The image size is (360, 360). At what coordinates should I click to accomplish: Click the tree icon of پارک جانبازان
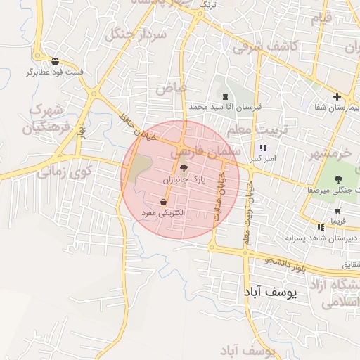pyautogui.click(x=184, y=167)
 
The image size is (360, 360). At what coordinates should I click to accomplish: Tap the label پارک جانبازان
pyautogui.click(x=186, y=180)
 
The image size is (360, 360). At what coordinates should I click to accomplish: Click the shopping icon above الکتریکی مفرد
pyautogui.click(x=163, y=202)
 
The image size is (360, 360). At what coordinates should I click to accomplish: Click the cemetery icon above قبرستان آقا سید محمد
pyautogui.click(x=225, y=96)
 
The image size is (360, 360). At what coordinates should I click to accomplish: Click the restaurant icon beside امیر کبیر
pyautogui.click(x=262, y=148)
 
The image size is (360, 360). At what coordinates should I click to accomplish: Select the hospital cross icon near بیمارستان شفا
pyautogui.click(x=337, y=96)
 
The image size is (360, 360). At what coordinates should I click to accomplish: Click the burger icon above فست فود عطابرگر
pyautogui.click(x=55, y=60)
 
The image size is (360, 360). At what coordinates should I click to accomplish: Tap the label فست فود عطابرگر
pyautogui.click(x=56, y=72)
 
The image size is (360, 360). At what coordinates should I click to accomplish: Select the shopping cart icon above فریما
pyautogui.click(x=337, y=210)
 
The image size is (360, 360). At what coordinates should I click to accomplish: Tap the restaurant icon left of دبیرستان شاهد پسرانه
pyautogui.click(x=321, y=227)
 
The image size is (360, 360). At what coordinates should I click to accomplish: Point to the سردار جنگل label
pyautogui.click(x=136, y=34)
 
